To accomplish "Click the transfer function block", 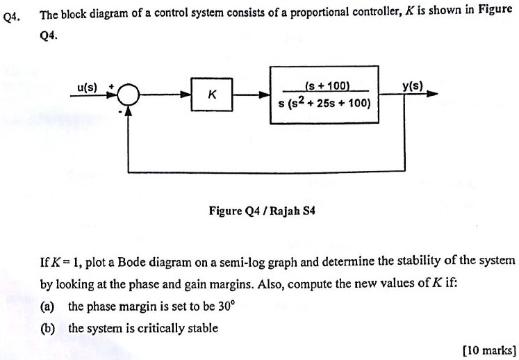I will (x=324, y=95).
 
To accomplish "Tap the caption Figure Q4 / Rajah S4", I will (x=262, y=208).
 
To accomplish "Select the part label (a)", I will (x=49, y=306).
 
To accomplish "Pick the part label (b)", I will (x=49, y=327).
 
